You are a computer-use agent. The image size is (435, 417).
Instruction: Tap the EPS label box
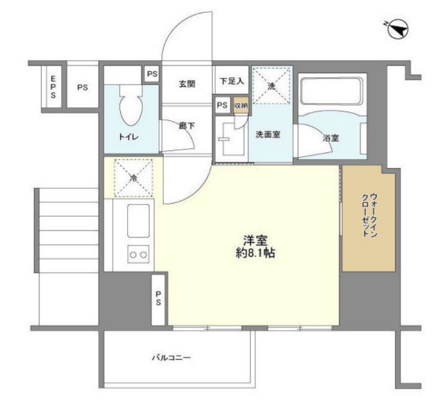[53, 88]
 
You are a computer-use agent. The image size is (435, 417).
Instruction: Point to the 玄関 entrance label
[187, 84]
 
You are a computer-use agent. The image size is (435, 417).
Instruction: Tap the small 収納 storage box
[240, 105]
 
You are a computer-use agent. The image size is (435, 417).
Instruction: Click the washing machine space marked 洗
[271, 86]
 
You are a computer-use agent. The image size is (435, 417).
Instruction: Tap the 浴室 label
[331, 137]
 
